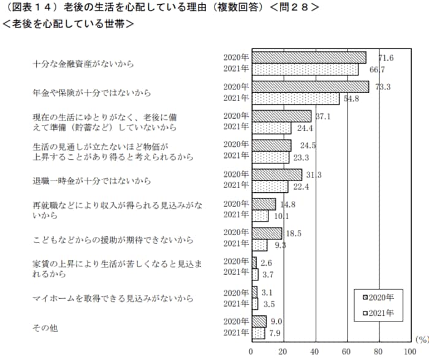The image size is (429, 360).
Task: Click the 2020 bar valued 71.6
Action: tap(309, 58)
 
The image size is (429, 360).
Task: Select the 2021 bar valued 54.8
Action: tap(295, 98)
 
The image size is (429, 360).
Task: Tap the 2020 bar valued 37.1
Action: tap(281, 116)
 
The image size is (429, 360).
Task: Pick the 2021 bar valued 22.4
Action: tap(270, 186)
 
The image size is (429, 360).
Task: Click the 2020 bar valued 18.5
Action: tap(267, 233)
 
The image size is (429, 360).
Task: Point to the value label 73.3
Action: tap(382, 87)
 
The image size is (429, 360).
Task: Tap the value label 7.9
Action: tap(276, 334)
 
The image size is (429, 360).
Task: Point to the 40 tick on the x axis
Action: tap(315, 351)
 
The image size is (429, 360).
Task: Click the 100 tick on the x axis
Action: tap(411, 351)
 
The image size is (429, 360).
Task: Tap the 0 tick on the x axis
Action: tap(251, 351)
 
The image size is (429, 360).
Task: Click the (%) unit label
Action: tap(421, 339)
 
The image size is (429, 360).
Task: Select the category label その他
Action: tap(45, 328)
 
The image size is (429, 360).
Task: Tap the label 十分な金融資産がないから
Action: tap(83, 64)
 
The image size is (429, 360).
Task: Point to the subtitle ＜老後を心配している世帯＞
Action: tap(68, 25)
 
